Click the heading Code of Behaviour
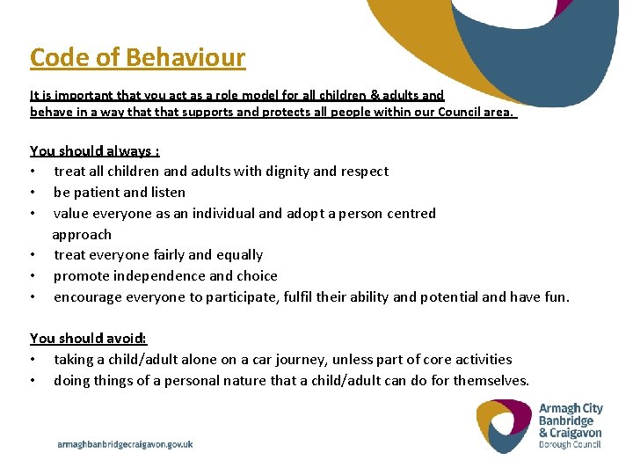click(x=137, y=58)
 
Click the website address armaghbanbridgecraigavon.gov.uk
click(x=125, y=444)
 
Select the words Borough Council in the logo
click(x=570, y=444)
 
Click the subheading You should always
click(x=94, y=150)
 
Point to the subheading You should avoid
click(x=88, y=338)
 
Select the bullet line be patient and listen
click(x=119, y=192)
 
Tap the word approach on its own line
click(x=82, y=234)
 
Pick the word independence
click(x=147, y=275)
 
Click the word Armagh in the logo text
click(x=559, y=408)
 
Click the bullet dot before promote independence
click(x=33, y=276)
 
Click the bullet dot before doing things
click(x=33, y=381)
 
